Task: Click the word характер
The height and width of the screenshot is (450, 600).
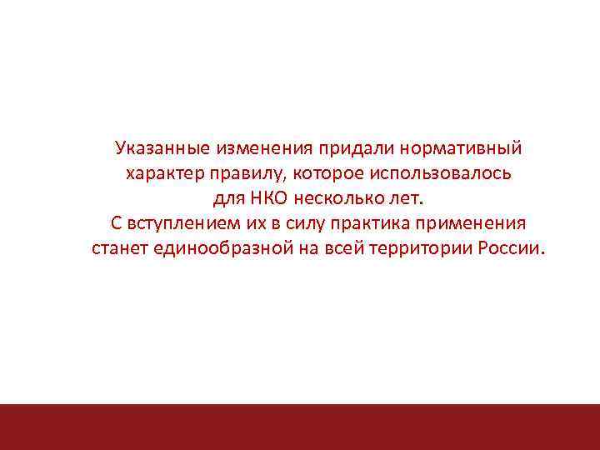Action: click(x=162, y=175)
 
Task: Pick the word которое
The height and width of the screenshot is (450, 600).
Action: click(x=319, y=175)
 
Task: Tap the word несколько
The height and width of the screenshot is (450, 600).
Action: click(x=332, y=200)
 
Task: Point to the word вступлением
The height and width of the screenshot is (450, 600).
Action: click(x=175, y=225)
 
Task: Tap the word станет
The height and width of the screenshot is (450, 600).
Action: click(x=119, y=250)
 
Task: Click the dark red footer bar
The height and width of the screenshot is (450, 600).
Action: click(x=300, y=427)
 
